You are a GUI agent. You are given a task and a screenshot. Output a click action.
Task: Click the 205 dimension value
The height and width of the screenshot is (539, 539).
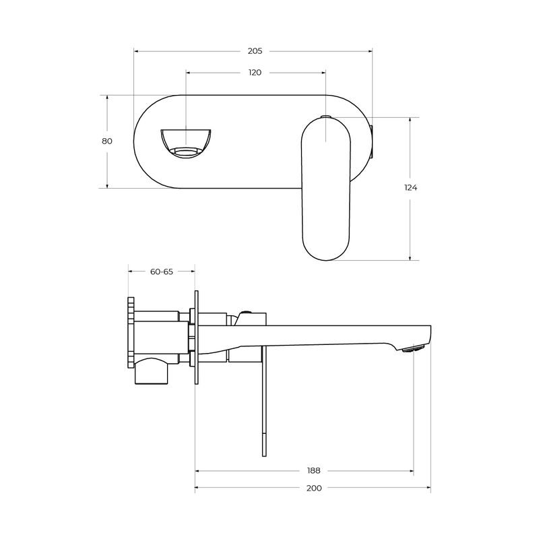[255, 51]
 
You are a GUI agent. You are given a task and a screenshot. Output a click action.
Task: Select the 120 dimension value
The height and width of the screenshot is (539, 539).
[255, 72]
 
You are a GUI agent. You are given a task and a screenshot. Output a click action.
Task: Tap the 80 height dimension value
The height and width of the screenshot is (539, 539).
[107, 141]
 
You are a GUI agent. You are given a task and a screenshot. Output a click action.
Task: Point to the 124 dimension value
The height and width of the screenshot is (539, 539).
[411, 188]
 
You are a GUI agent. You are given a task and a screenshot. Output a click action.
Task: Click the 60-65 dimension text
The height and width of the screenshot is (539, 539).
[162, 272]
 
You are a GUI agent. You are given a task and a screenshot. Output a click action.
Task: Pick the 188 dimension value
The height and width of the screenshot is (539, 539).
[313, 470]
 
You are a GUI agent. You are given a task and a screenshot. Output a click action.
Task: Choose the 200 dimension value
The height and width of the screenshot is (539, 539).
[314, 488]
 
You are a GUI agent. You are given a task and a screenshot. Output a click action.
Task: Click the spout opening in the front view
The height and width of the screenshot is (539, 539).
[186, 141]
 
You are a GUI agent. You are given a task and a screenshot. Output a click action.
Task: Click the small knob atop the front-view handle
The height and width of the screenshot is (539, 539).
[326, 117]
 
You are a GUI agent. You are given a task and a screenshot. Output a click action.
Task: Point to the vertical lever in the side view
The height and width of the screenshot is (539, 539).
[261, 404]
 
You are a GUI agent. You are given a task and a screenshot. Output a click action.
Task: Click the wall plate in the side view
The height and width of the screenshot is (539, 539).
[196, 337]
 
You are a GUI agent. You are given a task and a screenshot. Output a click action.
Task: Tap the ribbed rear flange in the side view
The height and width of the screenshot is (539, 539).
[131, 334]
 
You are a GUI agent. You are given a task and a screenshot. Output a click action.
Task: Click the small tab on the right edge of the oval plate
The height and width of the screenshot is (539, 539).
[373, 141]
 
